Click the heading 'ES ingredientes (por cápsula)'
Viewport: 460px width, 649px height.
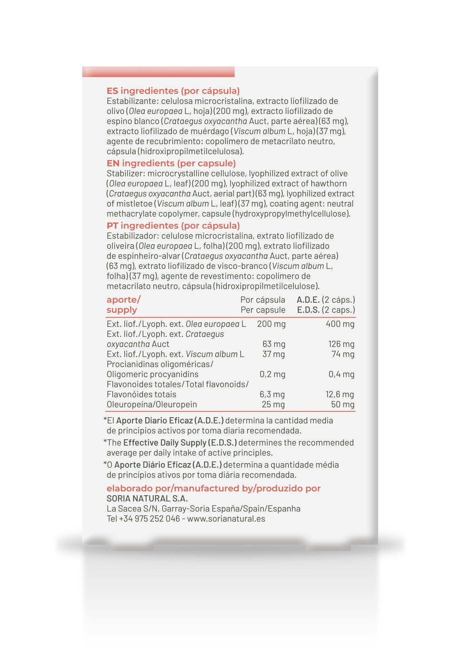(x=173, y=91)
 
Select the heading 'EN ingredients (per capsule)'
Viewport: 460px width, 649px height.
(x=171, y=163)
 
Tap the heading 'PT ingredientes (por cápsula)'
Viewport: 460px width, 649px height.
(x=173, y=226)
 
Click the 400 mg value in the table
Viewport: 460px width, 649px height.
(x=340, y=324)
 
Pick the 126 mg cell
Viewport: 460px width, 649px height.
(x=341, y=344)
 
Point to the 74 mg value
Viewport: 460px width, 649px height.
(x=343, y=354)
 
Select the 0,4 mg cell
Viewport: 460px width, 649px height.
(x=341, y=374)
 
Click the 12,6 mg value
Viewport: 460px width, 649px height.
(x=339, y=394)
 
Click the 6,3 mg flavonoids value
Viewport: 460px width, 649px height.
(x=272, y=394)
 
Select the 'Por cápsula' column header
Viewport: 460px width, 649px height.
(x=263, y=300)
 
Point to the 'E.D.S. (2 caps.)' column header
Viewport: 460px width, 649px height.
(x=326, y=310)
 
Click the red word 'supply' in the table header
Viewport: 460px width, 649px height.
(x=122, y=310)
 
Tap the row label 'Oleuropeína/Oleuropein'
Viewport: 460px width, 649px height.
(x=152, y=404)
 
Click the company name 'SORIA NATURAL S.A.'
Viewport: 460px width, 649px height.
(x=147, y=499)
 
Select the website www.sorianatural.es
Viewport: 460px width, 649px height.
(x=226, y=519)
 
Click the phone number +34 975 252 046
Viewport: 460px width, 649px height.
(x=149, y=519)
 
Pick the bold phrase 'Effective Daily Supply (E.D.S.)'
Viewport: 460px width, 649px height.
(x=180, y=443)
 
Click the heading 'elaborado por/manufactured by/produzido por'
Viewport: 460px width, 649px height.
(x=214, y=489)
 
